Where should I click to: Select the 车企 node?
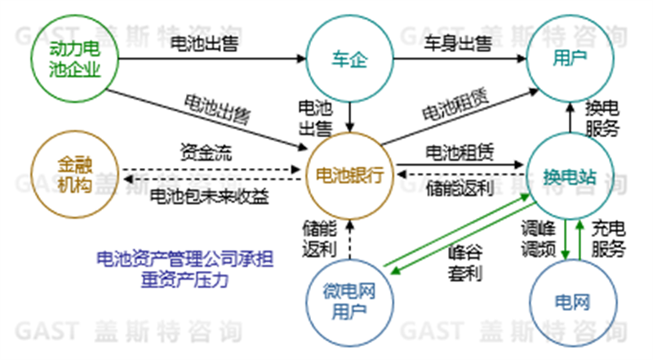pos(351,59)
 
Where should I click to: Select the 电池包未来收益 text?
pos(210,196)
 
